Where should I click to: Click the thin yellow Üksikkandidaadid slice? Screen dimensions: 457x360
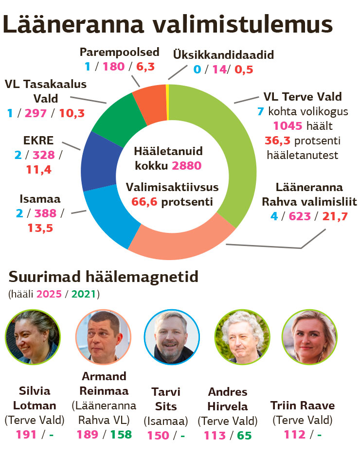tap(167, 102)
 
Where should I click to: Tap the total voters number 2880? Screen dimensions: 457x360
tap(186, 166)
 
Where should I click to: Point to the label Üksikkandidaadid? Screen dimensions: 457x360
tap(223, 54)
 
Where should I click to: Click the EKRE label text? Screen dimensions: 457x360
tap(38, 141)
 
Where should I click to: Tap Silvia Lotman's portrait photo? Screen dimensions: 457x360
tap(32, 336)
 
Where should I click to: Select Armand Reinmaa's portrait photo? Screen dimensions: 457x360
tap(103, 336)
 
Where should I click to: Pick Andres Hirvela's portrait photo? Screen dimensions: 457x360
tap(242, 336)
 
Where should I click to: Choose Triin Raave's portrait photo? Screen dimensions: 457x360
tap(309, 336)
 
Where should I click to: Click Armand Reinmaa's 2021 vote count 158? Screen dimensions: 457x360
tap(121, 434)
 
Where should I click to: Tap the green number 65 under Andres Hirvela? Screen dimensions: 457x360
tap(244, 435)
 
